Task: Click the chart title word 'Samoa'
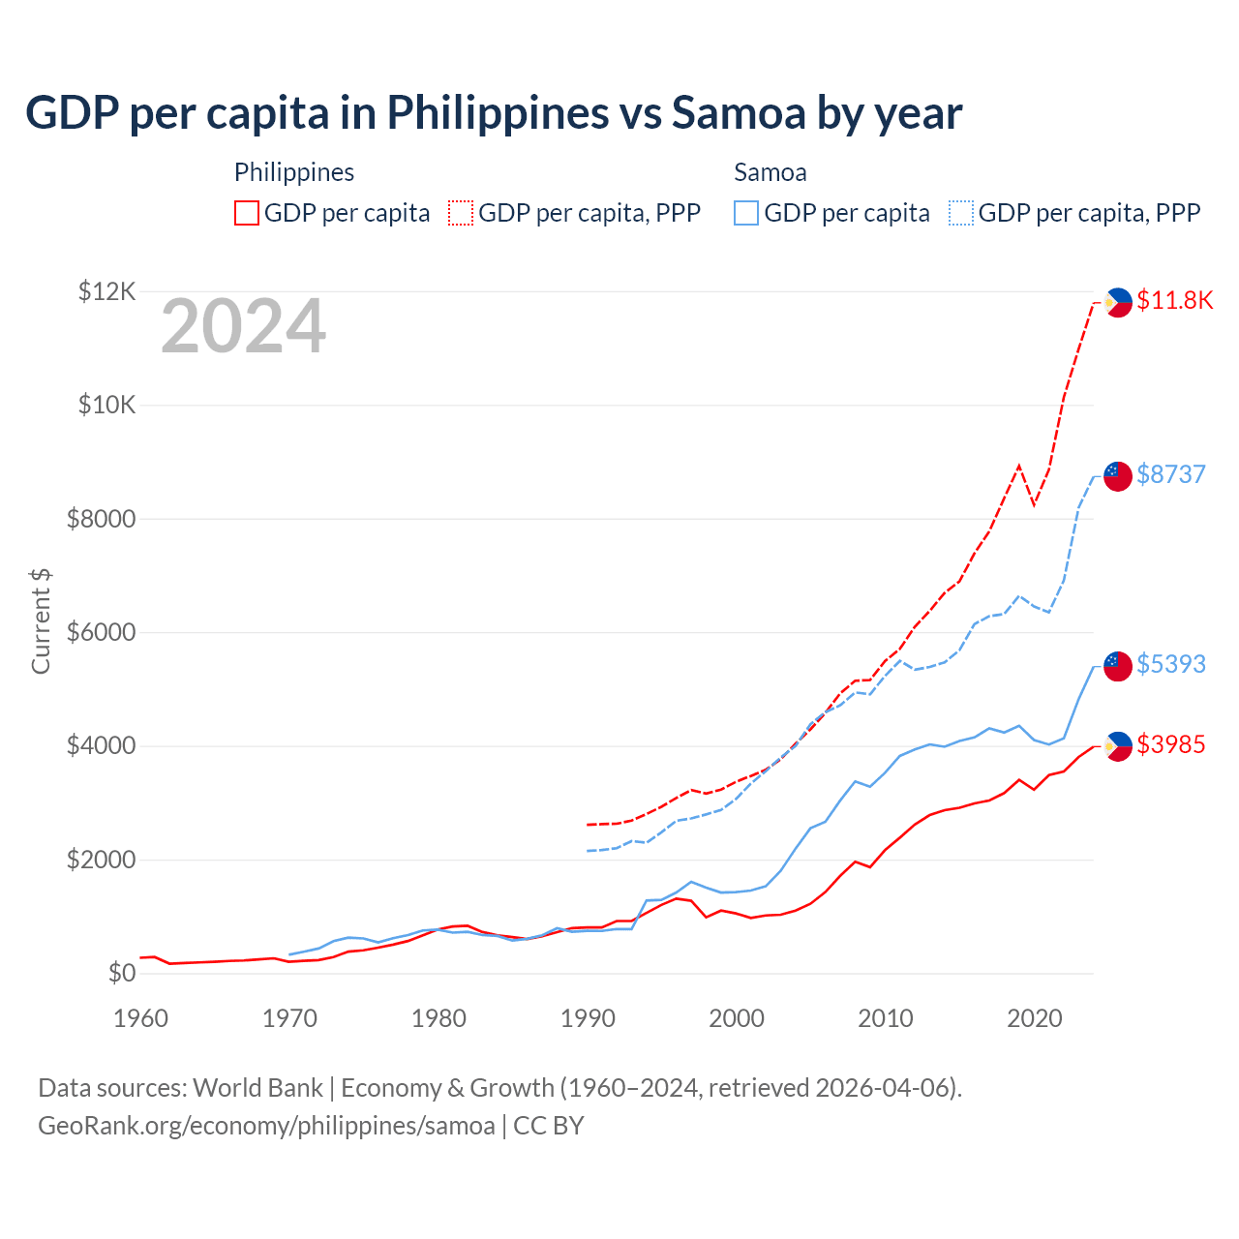click(740, 113)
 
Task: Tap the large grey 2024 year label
click(243, 327)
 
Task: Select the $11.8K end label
click(1174, 300)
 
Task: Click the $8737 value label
click(1170, 474)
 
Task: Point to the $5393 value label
click(1170, 664)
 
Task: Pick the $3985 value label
click(1170, 744)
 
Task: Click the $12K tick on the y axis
click(106, 291)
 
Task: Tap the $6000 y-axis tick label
click(101, 633)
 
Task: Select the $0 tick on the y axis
click(120, 973)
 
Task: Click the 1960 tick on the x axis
click(140, 1018)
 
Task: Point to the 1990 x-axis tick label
click(588, 1018)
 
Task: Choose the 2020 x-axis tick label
click(1034, 1018)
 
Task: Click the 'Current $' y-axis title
click(41, 620)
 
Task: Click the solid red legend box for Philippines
click(247, 213)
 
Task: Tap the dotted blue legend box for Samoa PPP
click(961, 213)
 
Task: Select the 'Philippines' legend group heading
click(294, 172)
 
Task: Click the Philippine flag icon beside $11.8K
click(1118, 302)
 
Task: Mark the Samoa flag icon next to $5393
click(1118, 666)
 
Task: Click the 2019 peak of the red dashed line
click(1018, 466)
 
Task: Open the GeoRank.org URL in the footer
click(266, 1126)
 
